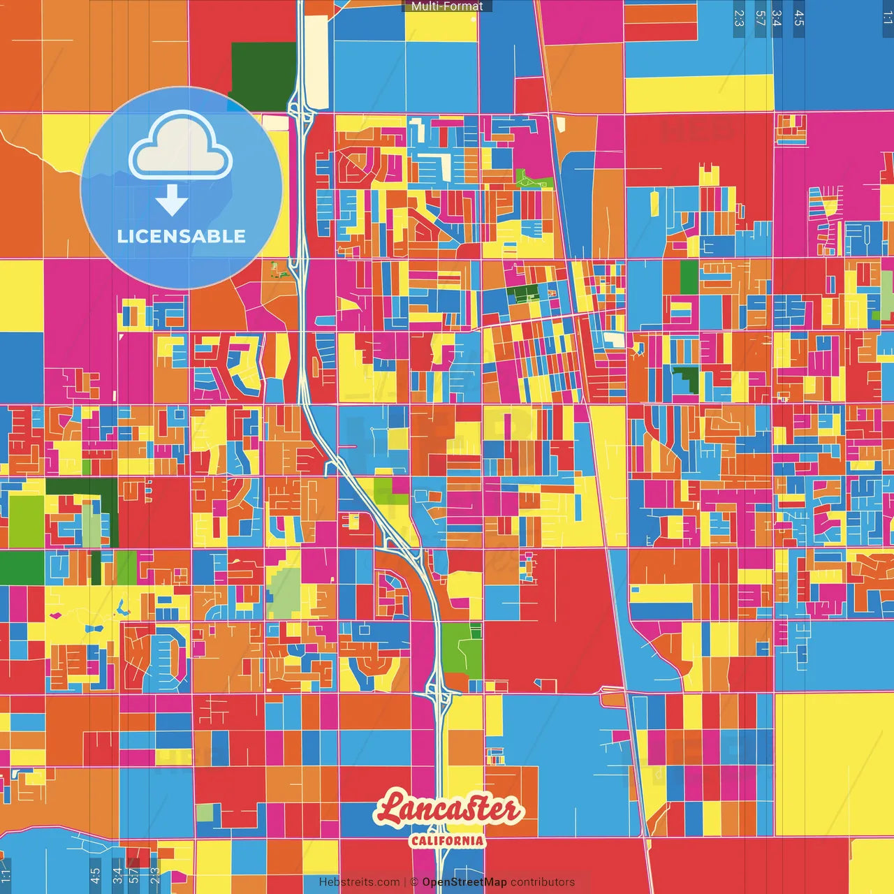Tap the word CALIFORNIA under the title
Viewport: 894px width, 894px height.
[x=447, y=840]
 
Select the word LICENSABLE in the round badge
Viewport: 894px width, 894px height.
[x=181, y=236]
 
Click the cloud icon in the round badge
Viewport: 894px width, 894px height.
[x=180, y=147]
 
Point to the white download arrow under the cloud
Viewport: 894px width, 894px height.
[x=172, y=200]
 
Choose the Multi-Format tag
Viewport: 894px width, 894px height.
[x=447, y=6]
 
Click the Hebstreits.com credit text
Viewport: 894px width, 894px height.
[x=359, y=882]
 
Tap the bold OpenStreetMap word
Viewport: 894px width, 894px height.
[x=464, y=882]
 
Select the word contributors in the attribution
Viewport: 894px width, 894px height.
[x=542, y=882]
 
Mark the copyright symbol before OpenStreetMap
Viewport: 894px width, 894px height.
[x=414, y=882]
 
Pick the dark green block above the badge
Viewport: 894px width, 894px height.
[x=263, y=76]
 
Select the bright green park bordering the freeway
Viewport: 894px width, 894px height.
[x=461, y=650]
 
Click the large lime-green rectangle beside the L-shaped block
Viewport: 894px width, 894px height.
[x=27, y=520]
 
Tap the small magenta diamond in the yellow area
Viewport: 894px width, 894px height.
[x=55, y=615]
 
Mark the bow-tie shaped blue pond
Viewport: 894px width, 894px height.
[x=93, y=629]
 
